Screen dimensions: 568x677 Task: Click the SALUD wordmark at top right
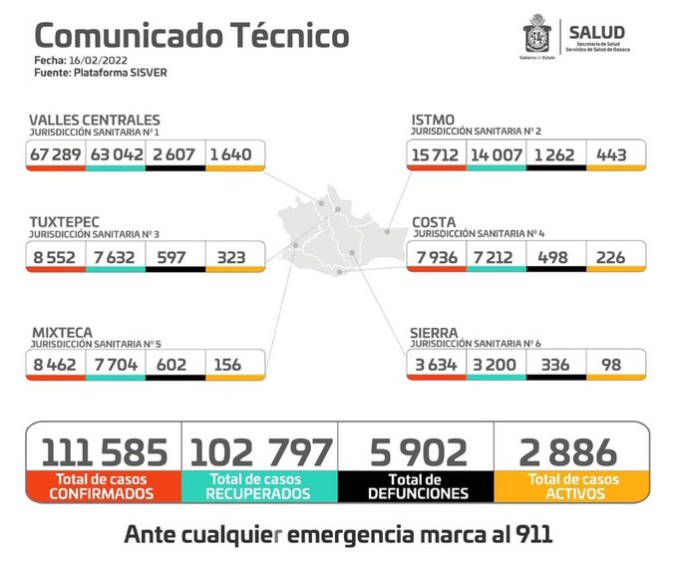click(x=596, y=31)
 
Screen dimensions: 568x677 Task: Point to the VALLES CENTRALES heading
click(x=94, y=121)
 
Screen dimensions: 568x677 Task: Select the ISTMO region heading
click(x=433, y=121)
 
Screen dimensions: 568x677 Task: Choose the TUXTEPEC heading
click(x=65, y=220)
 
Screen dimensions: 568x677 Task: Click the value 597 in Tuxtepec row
click(x=173, y=256)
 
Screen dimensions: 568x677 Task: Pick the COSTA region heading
click(x=436, y=220)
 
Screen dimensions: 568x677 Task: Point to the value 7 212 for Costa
click(x=496, y=256)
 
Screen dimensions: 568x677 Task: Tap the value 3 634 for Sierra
click(x=436, y=365)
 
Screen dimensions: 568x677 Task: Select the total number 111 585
click(x=105, y=451)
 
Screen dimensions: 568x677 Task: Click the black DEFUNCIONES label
click(x=416, y=493)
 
